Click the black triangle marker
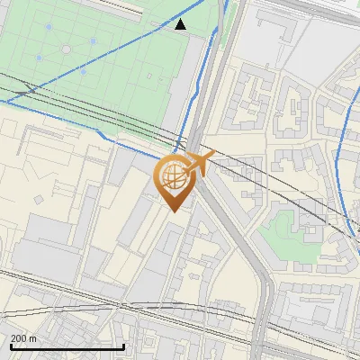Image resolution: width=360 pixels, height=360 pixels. tap(180, 24)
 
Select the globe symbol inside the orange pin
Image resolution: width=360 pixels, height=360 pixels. tap(174, 175)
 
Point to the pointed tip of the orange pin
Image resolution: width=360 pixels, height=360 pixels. tap(174, 211)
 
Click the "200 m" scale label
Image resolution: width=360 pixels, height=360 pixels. tap(24, 338)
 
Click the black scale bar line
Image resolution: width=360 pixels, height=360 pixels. tap(67, 346)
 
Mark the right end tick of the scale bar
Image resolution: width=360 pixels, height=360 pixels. tap(123, 345)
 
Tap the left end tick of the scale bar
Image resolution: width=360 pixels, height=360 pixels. tap(10, 345)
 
